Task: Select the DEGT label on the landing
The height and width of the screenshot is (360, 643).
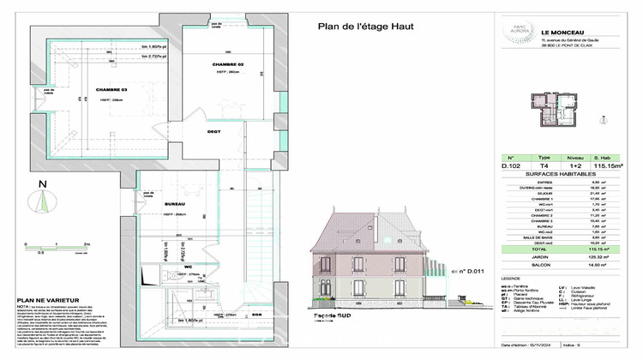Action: [214, 131]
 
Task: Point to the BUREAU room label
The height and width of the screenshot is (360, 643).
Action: [176, 204]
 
